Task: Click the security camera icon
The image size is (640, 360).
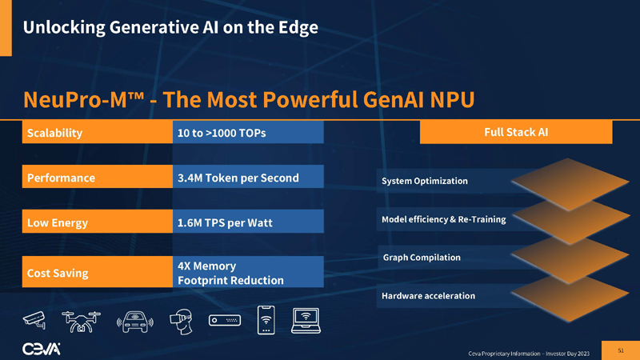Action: [36, 321]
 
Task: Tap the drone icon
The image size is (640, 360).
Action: [79, 320]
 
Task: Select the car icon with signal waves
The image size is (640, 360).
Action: [135, 322]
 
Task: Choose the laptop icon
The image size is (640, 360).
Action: [308, 321]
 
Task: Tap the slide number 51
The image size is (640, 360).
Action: [621, 350]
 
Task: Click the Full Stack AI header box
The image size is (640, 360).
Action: [516, 132]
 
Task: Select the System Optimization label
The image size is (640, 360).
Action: [425, 181]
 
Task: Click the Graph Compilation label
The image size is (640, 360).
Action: [422, 258]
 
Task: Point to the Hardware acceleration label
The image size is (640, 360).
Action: [429, 296]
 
